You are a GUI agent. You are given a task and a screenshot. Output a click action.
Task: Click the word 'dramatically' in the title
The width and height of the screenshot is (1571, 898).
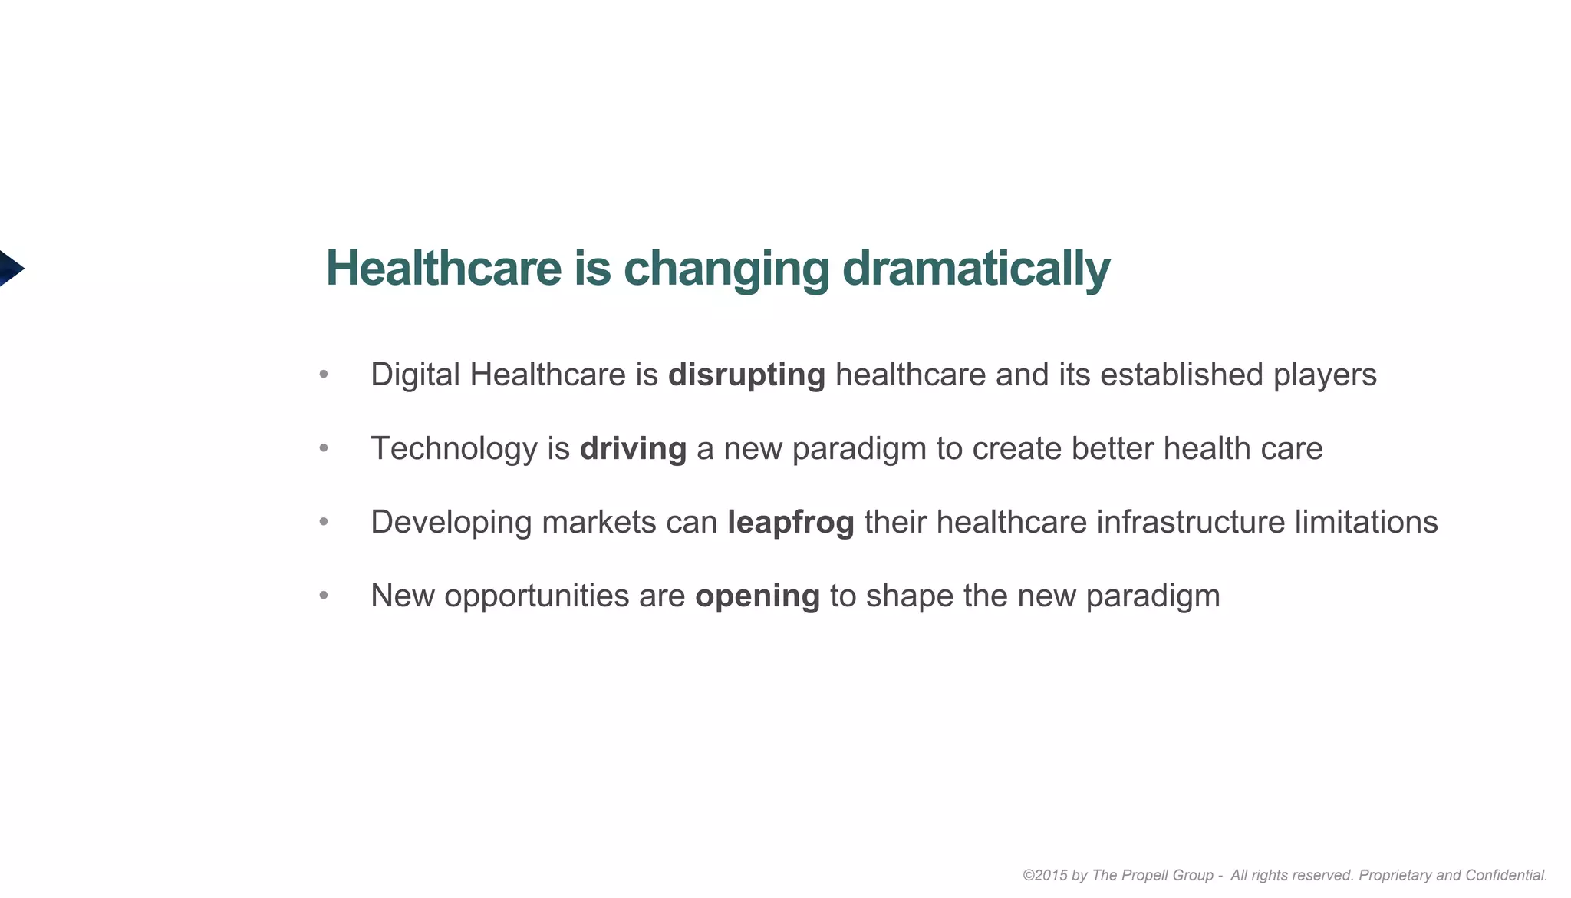click(x=976, y=269)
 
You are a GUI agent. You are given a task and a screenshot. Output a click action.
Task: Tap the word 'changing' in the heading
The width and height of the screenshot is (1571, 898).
click(x=726, y=269)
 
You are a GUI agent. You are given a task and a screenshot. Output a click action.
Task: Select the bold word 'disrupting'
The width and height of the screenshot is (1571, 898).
click(x=746, y=375)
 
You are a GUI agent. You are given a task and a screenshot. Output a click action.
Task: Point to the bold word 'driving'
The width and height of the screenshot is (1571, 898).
click(x=633, y=448)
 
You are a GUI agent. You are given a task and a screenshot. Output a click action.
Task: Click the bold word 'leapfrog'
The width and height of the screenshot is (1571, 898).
click(x=790, y=522)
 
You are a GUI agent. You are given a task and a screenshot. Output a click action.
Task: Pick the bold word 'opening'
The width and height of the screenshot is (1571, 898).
click(x=757, y=596)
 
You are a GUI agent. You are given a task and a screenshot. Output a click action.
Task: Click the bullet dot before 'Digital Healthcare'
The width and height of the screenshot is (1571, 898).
click(x=324, y=375)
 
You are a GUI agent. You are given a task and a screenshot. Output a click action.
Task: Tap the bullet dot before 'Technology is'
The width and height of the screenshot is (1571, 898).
click(x=324, y=448)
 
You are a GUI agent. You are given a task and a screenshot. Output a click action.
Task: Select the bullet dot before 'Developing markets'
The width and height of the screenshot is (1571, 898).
click(x=324, y=522)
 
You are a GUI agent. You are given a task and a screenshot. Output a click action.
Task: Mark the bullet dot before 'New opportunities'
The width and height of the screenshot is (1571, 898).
click(x=324, y=596)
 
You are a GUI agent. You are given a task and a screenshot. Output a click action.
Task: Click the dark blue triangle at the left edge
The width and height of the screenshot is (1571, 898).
click(x=9, y=269)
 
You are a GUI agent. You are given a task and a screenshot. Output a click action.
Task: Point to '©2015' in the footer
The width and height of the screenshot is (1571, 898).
click(x=1044, y=875)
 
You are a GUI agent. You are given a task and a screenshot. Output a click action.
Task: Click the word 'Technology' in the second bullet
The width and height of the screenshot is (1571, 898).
click(x=454, y=448)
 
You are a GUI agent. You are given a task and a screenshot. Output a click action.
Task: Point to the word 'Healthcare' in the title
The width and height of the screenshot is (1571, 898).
click(x=444, y=269)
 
